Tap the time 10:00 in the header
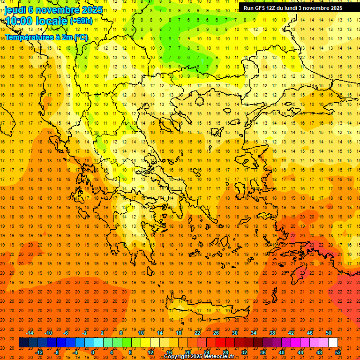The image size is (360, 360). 20,21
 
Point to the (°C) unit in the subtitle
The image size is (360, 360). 81,37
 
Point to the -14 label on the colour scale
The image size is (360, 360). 29,333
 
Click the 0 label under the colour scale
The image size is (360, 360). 92,352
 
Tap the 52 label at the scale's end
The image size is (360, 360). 338,352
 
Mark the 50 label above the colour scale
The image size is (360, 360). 329,333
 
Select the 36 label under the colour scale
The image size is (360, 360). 263,352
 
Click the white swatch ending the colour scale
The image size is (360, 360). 333,343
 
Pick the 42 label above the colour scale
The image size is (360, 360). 291,333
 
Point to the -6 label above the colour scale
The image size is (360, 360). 66,333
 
